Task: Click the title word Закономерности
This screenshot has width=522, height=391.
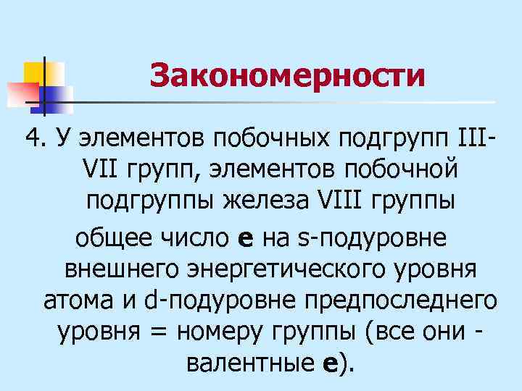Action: (x=287, y=75)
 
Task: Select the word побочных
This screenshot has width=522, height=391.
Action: (x=261, y=138)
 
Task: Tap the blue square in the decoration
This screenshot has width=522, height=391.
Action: (x=58, y=97)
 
